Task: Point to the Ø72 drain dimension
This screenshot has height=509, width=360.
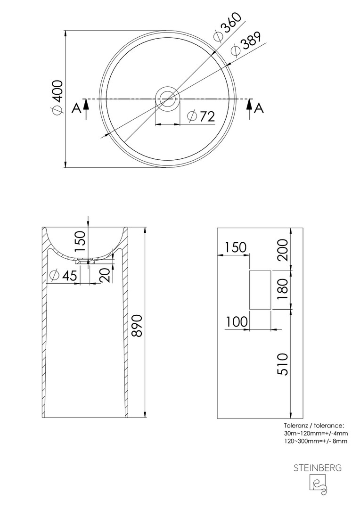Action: pyautogui.click(x=202, y=116)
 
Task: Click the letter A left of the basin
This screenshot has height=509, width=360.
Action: pyautogui.click(x=76, y=108)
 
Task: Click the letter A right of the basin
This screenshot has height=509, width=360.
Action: pyautogui.click(x=259, y=108)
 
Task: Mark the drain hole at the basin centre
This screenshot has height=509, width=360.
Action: pyautogui.click(x=167, y=99)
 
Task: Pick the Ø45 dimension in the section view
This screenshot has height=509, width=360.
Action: pyautogui.click(x=64, y=276)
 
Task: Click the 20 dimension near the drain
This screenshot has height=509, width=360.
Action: pyautogui.click(x=106, y=275)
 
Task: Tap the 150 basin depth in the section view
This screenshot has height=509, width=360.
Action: pyautogui.click(x=80, y=241)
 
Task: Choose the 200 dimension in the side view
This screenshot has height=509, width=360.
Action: pyautogui.click(x=282, y=250)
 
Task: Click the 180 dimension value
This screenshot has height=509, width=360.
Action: pyautogui.click(x=282, y=289)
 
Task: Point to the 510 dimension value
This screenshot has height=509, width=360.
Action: pyautogui.click(x=282, y=364)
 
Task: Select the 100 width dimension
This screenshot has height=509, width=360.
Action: pyautogui.click(x=237, y=322)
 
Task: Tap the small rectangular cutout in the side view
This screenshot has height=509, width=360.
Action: pyautogui.click(x=260, y=290)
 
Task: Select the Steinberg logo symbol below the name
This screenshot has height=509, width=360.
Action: pyautogui.click(x=317, y=485)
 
